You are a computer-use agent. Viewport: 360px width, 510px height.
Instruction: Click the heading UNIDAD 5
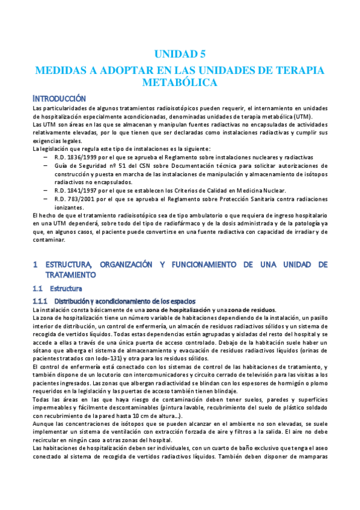[x=180, y=54]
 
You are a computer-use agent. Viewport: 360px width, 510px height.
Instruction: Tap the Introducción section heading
[x=59, y=98]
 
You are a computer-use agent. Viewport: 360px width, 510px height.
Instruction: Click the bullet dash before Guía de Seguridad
[x=46, y=165]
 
